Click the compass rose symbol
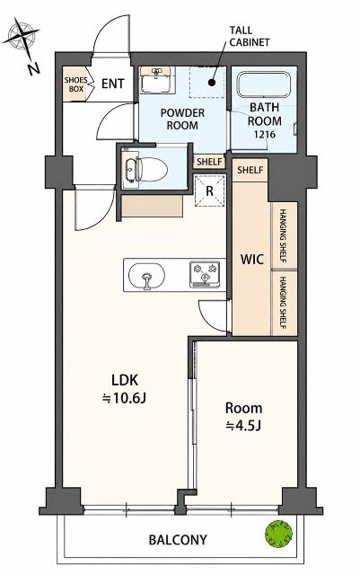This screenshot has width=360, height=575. [x=22, y=38]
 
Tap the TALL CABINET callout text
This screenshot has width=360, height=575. [x=249, y=36]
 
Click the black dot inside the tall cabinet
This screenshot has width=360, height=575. [x=212, y=83]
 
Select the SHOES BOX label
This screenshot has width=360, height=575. [x=76, y=84]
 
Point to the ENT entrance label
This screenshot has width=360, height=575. [x=112, y=84]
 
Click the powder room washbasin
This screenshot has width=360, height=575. [x=156, y=80]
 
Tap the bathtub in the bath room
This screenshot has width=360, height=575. [x=264, y=84]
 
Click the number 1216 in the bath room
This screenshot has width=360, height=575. [x=265, y=134]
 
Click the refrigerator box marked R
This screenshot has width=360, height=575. [x=209, y=190]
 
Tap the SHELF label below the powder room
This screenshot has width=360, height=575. [x=210, y=162]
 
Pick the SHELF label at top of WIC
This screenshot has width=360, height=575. [x=250, y=170]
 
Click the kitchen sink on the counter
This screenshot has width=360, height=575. [x=146, y=276]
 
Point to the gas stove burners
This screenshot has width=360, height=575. [x=205, y=274]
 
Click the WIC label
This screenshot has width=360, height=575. [x=252, y=260]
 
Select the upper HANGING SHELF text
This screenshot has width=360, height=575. [x=283, y=235]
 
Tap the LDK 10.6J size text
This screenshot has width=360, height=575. [x=124, y=389]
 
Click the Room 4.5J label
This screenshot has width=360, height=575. [x=243, y=417]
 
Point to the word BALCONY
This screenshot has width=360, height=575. [x=178, y=540]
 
